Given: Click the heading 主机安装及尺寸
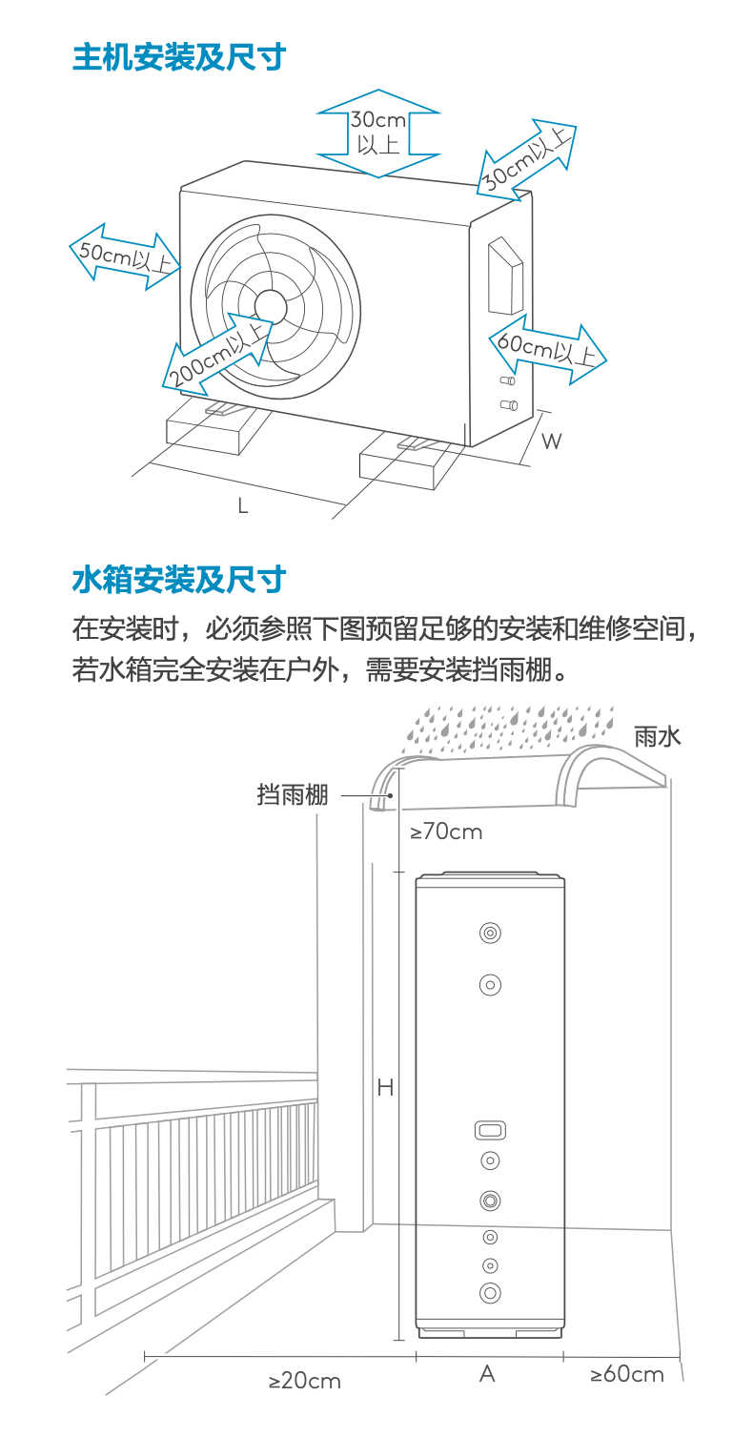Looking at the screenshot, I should click(x=178, y=57).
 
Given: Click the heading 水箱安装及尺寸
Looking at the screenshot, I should click(x=178, y=579).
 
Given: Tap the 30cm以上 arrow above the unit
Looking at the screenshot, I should click(x=378, y=133).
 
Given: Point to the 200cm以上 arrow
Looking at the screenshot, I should click(x=217, y=352).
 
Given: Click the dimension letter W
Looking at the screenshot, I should click(x=551, y=441).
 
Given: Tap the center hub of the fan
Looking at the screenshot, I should click(x=271, y=304).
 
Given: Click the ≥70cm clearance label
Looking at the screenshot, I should click(x=446, y=831).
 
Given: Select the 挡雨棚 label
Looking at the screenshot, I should click(x=292, y=794).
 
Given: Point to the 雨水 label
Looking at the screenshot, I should click(x=658, y=736).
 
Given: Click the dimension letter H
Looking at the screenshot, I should click(x=385, y=1087).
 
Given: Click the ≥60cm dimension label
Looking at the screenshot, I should click(x=626, y=1374).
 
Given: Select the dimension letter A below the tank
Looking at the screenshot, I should click(x=487, y=1374).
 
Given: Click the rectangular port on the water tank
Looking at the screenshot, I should click(x=489, y=1130).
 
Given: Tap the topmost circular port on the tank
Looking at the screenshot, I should click(x=490, y=933).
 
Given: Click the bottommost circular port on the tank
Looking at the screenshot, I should click(x=490, y=1293).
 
